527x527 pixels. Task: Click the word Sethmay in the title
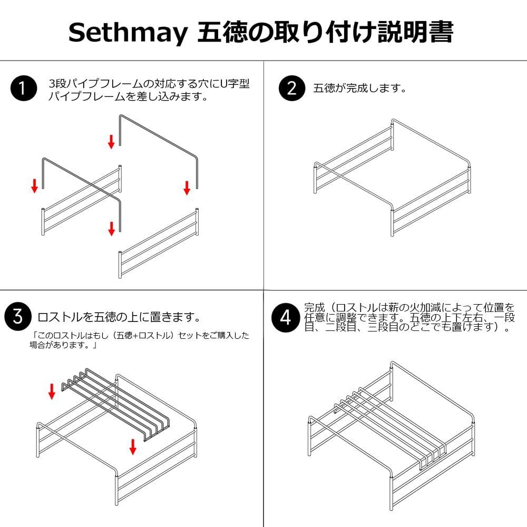(128, 33)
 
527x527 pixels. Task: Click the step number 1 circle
(24, 88)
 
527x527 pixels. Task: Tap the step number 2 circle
(292, 88)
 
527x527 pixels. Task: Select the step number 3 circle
(18, 316)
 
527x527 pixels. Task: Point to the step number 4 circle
(285, 318)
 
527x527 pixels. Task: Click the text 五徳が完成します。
(360, 88)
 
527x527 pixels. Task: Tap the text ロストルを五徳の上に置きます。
(119, 317)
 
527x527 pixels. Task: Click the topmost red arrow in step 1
(111, 141)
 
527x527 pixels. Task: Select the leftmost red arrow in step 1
(35, 186)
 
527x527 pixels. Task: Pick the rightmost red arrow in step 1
(187, 188)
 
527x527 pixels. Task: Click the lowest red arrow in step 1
(111, 229)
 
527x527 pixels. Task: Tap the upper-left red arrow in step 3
(52, 392)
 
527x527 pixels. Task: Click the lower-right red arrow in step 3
(133, 447)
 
